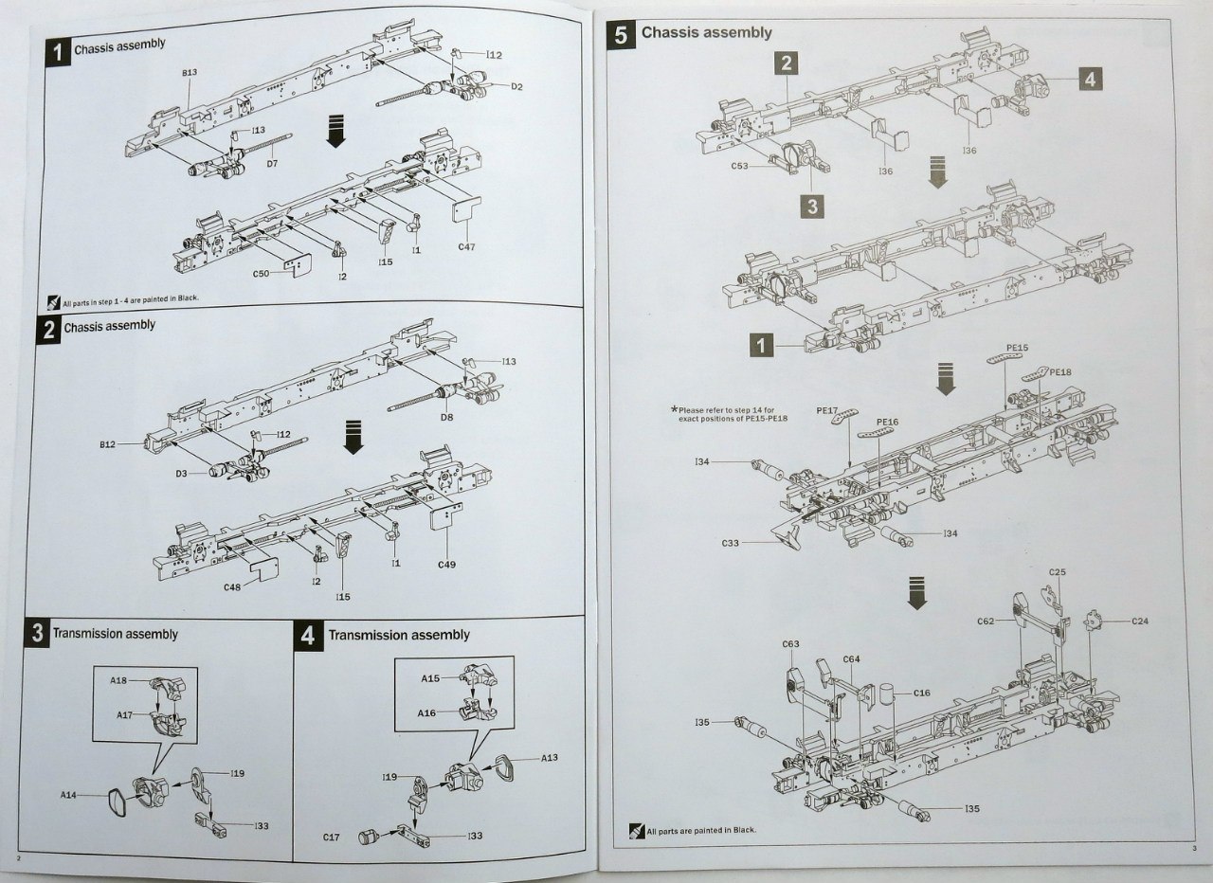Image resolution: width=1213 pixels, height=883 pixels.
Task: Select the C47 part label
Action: click(x=466, y=248)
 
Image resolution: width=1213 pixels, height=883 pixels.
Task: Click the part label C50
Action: click(x=263, y=275)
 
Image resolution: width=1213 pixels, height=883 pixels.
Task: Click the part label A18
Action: click(x=118, y=680)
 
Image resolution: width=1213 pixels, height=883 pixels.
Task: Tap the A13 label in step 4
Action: click(x=550, y=759)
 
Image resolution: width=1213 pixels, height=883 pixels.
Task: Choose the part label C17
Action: click(x=331, y=838)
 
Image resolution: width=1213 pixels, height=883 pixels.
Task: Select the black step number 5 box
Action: click(x=621, y=35)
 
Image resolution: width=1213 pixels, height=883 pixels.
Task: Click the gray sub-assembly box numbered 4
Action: click(x=1090, y=81)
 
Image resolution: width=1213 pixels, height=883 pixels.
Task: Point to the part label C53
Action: click(x=740, y=167)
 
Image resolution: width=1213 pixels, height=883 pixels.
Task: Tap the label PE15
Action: click(x=1016, y=349)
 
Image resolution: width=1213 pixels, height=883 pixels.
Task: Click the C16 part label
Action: click(x=922, y=693)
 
